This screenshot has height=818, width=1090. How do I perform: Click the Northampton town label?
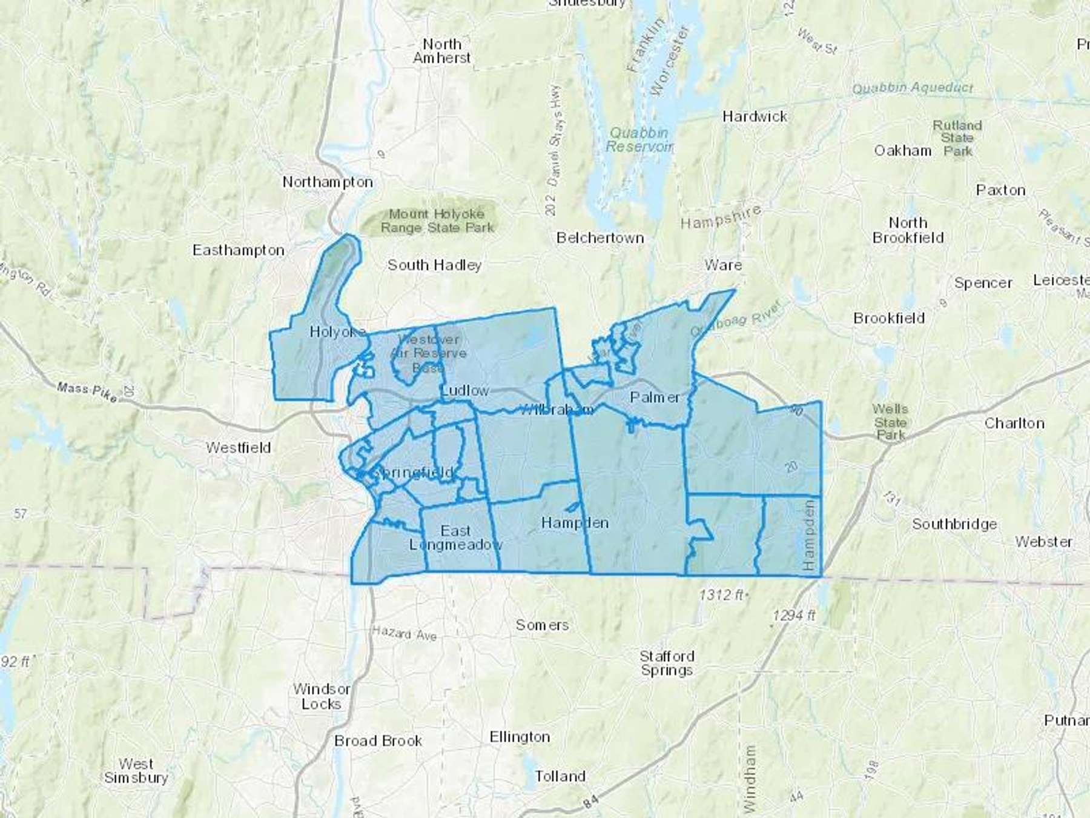(x=328, y=182)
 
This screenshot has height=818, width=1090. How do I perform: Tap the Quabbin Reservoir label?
(x=639, y=140)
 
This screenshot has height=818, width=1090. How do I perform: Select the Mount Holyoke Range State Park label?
(x=437, y=221)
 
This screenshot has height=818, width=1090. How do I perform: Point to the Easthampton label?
(x=238, y=250)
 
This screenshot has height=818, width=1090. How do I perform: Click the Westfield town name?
(x=238, y=448)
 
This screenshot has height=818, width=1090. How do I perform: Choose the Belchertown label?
(x=599, y=238)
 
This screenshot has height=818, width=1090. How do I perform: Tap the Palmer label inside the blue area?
(x=655, y=397)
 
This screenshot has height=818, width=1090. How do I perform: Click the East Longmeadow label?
(x=455, y=537)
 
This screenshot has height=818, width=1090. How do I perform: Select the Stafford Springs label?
(x=667, y=663)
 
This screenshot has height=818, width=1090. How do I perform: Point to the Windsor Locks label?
(x=321, y=696)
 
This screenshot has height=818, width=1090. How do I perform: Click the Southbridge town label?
(x=954, y=524)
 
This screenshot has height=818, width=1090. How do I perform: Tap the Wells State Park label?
(x=890, y=422)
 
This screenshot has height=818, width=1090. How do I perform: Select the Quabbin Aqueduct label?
(x=912, y=88)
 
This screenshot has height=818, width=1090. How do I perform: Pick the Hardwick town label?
(x=755, y=116)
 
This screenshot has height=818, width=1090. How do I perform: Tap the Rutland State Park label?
(x=957, y=138)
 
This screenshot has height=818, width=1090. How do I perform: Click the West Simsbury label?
(x=136, y=770)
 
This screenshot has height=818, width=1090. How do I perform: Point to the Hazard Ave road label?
(x=404, y=633)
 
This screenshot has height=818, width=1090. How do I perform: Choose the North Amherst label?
(x=442, y=51)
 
